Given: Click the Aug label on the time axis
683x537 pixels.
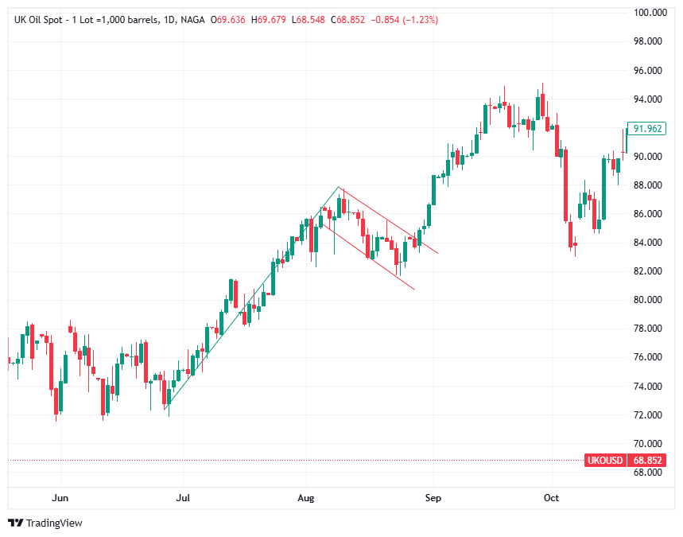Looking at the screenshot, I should point(306,498).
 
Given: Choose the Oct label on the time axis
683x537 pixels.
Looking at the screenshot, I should point(551,498).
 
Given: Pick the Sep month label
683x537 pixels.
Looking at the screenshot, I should point(433,498).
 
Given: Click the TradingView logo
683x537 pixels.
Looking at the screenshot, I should point(45,523).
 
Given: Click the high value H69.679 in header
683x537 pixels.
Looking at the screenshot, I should point(269,19).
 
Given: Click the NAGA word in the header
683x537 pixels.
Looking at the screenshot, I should point(190,19).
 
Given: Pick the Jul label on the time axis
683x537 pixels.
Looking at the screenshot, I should point(183,498).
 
